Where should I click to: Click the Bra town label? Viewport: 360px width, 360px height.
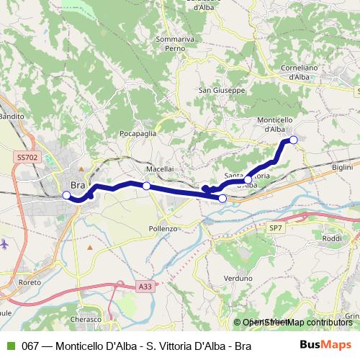click(78, 185)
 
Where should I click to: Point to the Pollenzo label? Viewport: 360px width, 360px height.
click(163, 228)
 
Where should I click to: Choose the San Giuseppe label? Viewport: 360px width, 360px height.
click(221, 91)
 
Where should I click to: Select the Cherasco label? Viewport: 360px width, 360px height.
click(89, 318)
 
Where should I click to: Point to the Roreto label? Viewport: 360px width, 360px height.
click(32, 283)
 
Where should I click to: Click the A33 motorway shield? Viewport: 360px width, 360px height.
click(144, 286)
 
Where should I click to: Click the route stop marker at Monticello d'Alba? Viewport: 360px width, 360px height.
click(293, 140)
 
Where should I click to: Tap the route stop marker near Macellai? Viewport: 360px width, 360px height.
click(146, 186)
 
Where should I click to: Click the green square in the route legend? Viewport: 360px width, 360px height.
click(9, 346)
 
